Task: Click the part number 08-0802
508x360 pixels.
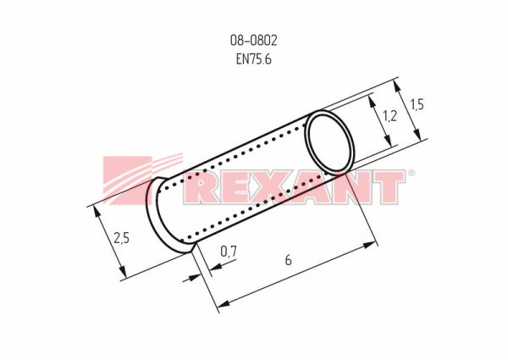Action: click(254, 41)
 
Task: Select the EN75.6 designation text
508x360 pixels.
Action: click(254, 59)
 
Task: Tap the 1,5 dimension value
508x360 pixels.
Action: click(417, 105)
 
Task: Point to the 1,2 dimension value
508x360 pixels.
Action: click(389, 116)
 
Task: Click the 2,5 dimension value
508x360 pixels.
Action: click(121, 238)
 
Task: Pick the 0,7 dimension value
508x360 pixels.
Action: click(229, 251)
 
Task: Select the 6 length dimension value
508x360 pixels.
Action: click(288, 260)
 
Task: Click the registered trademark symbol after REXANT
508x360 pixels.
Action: click(411, 173)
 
